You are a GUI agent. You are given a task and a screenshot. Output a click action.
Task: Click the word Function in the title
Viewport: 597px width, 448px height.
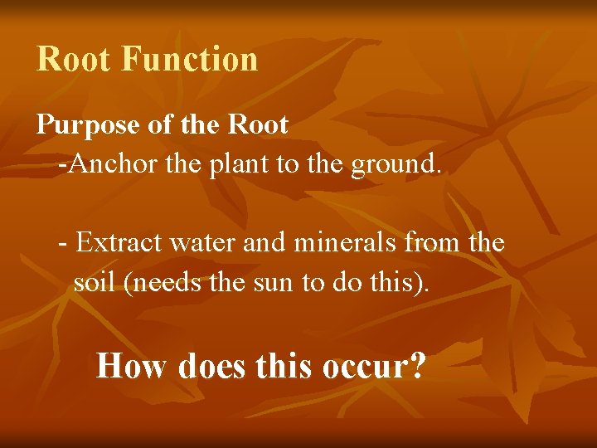[x=189, y=60]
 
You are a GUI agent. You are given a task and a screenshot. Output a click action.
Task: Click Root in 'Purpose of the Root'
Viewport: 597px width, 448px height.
[x=257, y=125]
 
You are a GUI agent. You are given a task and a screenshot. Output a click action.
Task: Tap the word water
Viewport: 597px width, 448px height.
[x=194, y=244]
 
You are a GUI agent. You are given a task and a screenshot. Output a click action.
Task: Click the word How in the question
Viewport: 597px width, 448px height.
[x=131, y=365]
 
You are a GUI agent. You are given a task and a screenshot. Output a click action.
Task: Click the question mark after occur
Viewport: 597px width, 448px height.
[x=418, y=365]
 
